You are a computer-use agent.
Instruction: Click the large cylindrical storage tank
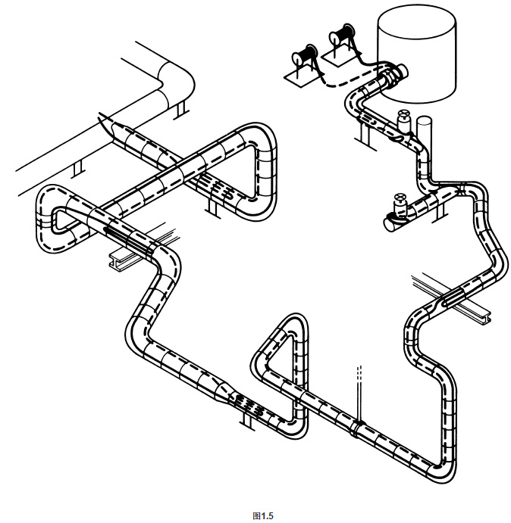tap(417, 53)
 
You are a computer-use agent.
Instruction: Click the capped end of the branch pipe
tap(387, 222)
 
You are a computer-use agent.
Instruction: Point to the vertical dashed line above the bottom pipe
tap(359, 386)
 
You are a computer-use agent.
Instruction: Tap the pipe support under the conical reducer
tap(245, 418)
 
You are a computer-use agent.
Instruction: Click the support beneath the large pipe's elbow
tap(179, 111)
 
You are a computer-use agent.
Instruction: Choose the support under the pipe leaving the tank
tap(362, 135)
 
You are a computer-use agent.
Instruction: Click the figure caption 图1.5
tap(262, 515)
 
